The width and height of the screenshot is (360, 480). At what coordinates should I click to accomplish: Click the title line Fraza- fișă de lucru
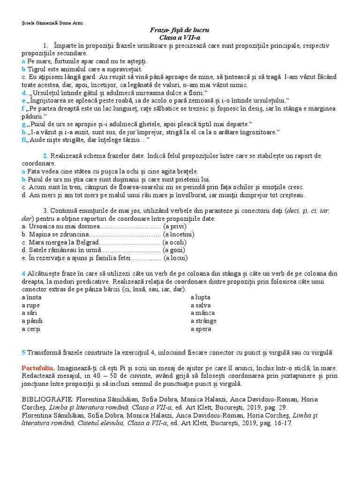[180, 30]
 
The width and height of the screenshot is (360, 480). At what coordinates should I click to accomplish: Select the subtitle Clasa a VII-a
[180, 37]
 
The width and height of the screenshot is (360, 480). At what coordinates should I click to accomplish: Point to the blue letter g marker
[23, 124]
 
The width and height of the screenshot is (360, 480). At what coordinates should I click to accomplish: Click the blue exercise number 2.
[45, 156]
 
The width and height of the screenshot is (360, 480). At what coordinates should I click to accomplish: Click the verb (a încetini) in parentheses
[179, 234]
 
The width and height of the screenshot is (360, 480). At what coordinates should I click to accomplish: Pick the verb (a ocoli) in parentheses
[174, 242]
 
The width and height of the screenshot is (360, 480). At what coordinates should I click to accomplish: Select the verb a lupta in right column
[201, 297]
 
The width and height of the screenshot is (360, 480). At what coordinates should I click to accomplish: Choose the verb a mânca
[202, 313]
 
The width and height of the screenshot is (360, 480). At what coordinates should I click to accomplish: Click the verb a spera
[201, 329]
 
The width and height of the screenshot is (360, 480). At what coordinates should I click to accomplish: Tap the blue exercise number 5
[23, 352]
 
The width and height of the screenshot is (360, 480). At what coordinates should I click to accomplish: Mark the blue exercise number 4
[23, 273]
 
